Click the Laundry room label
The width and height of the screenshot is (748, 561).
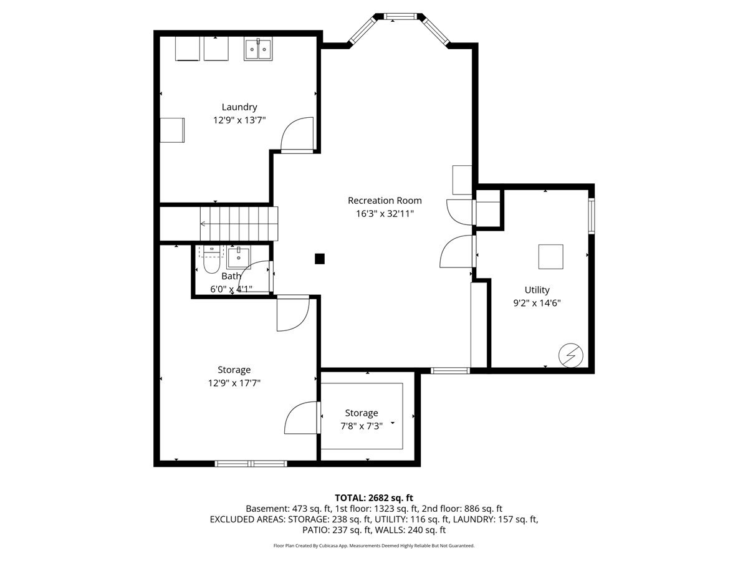point(239,107)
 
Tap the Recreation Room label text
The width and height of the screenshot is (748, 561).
point(385,201)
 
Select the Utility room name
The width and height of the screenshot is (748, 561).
point(537,290)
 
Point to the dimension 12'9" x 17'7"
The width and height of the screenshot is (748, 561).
point(234,383)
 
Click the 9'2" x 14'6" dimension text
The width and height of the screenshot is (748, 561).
point(537,303)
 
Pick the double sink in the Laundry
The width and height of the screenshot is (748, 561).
point(258,49)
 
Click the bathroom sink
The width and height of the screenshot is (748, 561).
point(239,258)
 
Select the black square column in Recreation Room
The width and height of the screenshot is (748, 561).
point(319,259)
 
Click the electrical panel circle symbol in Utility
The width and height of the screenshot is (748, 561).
point(571,355)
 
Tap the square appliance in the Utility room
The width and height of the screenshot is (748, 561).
point(550,257)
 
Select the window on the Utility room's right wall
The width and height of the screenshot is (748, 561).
point(592,216)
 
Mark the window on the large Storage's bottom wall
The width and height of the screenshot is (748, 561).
point(251,464)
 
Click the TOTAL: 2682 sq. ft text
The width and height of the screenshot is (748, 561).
point(374,498)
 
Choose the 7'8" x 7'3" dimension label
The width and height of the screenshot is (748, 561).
point(362,426)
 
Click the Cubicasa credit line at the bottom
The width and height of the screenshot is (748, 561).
point(374,545)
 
